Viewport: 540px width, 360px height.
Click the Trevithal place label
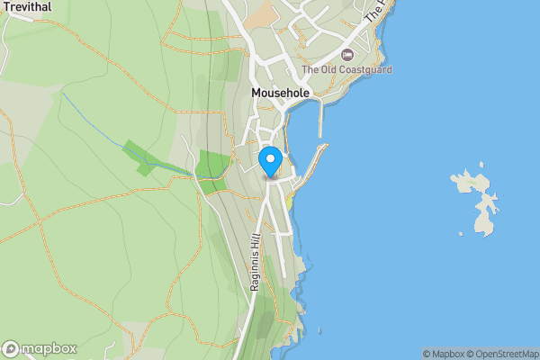(x=26, y=6)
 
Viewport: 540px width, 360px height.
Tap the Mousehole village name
(x=280, y=93)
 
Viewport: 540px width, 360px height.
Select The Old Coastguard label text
(x=346, y=69)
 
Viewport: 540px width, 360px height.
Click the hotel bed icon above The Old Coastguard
(x=347, y=56)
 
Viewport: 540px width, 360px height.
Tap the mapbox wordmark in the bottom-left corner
(x=49, y=348)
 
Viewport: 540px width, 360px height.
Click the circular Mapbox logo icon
(x=12, y=348)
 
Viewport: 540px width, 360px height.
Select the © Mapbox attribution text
(x=443, y=354)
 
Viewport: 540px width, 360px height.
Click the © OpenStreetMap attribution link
(x=502, y=354)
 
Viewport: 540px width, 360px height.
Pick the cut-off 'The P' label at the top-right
(x=377, y=11)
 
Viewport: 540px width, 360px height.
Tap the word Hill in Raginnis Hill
(x=256, y=240)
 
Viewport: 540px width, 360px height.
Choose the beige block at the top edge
(x=262, y=13)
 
